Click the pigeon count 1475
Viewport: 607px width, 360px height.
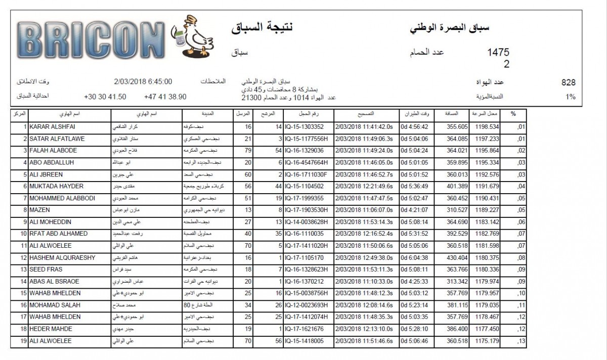coord(498,53)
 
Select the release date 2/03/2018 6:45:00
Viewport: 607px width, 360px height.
coord(144,81)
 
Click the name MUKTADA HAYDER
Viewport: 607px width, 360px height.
coord(56,186)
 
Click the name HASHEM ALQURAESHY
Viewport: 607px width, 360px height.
coord(62,258)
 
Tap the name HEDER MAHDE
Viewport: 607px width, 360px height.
coord(51,329)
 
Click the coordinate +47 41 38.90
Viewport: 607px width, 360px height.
coord(165,96)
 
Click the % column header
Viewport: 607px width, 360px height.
coord(513,114)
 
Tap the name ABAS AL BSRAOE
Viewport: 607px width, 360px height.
coord(54,282)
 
